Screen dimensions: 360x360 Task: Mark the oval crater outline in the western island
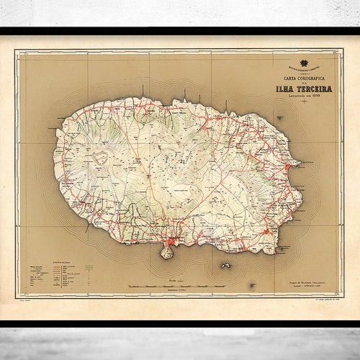tap(99, 156)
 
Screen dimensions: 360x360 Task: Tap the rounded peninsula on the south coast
tap(167, 252)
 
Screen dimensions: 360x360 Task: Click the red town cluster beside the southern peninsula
tap(172, 241)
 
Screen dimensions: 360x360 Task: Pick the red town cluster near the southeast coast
tap(266, 231)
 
